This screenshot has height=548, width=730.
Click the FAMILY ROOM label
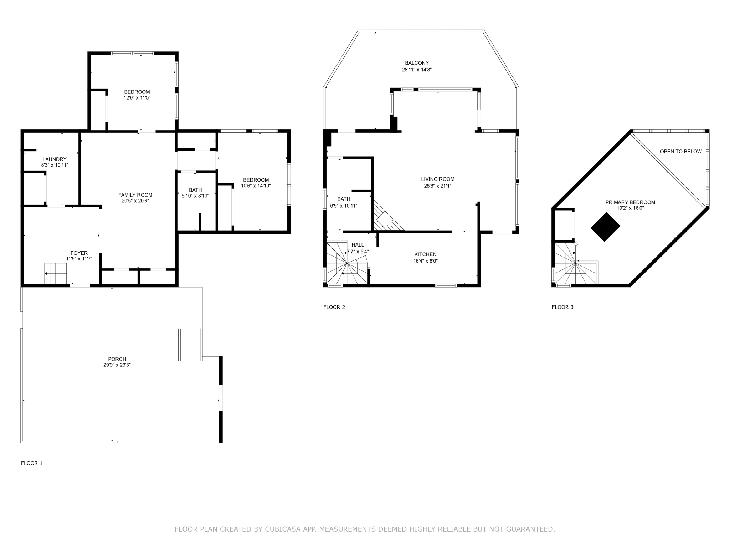tap(135, 195)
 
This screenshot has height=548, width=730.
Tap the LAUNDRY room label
tap(55, 159)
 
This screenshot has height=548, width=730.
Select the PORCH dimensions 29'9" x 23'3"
tap(117, 365)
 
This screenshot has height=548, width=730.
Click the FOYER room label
tap(79, 253)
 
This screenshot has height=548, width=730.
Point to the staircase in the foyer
tap(56, 273)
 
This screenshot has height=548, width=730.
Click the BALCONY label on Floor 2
tap(417, 63)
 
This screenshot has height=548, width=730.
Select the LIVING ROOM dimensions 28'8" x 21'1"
tap(438, 186)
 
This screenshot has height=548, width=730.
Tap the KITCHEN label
tap(425, 254)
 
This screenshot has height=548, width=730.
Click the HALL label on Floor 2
tap(358, 245)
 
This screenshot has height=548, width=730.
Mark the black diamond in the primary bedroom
tap(605, 227)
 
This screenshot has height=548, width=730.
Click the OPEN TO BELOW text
tap(680, 152)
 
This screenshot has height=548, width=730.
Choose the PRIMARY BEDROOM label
tap(630, 202)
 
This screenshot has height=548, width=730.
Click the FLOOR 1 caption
tap(32, 463)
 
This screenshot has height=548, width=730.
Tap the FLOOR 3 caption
tap(562, 307)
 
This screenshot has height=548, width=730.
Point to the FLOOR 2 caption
tap(334, 307)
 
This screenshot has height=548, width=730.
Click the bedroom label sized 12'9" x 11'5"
tap(137, 92)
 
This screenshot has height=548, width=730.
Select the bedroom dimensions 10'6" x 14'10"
tap(256, 186)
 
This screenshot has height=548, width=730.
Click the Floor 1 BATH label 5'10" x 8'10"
tap(195, 190)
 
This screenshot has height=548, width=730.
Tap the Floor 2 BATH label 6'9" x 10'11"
tap(344, 199)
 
